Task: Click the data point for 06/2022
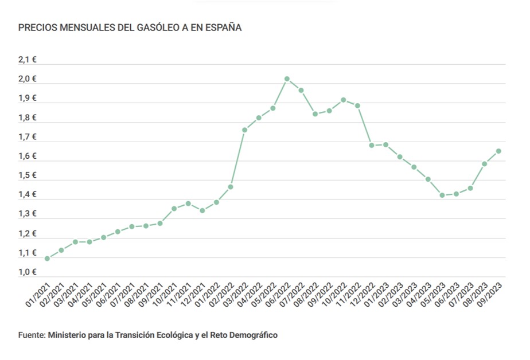pos(287,79)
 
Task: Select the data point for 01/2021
pos(47,259)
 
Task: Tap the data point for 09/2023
pos(498,151)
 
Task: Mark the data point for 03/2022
pos(244,130)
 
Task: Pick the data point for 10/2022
pos(343,100)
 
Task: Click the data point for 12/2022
pos(372,145)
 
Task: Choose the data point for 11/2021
pos(188,204)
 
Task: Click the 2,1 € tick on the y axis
pos(28,60)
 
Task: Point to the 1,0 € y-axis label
pos(28,272)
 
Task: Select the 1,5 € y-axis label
pos(28,175)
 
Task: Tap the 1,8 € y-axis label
pos(28,118)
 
